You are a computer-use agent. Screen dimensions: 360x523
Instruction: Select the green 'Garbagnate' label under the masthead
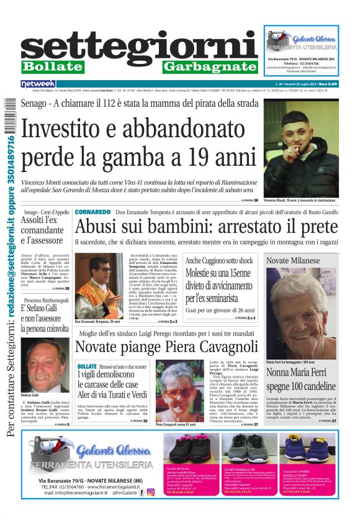pyautogui.click(x=210, y=66)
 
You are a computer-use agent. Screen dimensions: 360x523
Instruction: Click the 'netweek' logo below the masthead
pyautogui.click(x=38, y=83)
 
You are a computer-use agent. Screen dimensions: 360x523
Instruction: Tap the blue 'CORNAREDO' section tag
pyautogui.click(x=92, y=212)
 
